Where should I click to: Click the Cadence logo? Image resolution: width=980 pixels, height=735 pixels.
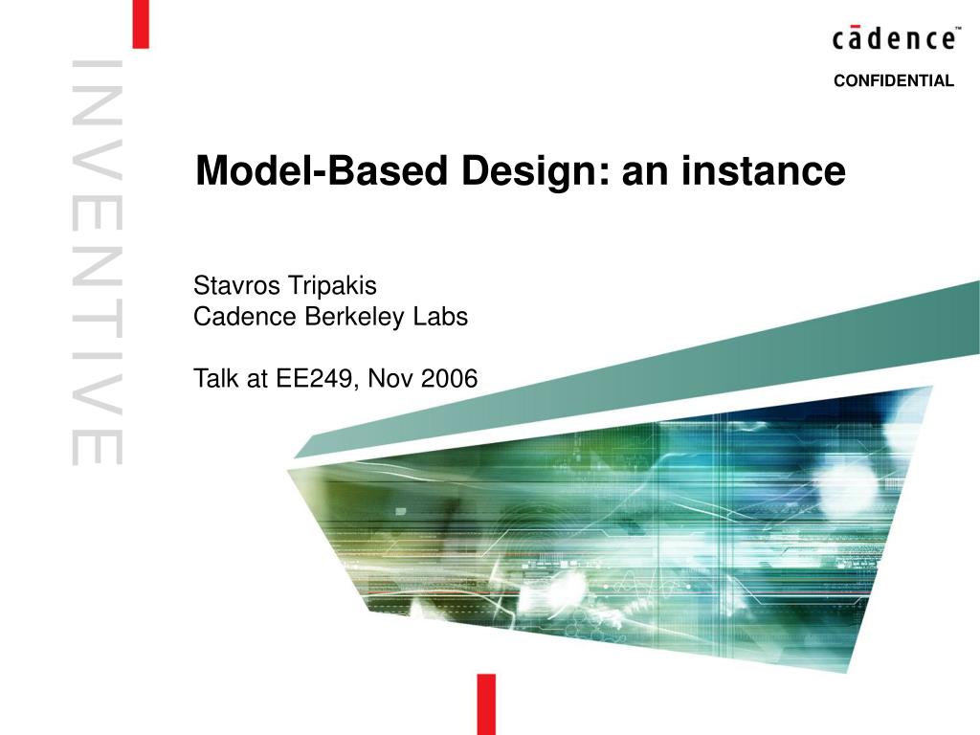[x=892, y=39]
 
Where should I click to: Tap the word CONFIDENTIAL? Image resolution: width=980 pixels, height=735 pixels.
[x=893, y=81]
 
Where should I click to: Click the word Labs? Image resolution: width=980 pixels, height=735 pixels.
[x=441, y=317]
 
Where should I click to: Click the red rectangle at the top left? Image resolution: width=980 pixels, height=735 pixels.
[x=140, y=24]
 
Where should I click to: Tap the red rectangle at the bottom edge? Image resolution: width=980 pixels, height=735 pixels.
[x=487, y=703]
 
